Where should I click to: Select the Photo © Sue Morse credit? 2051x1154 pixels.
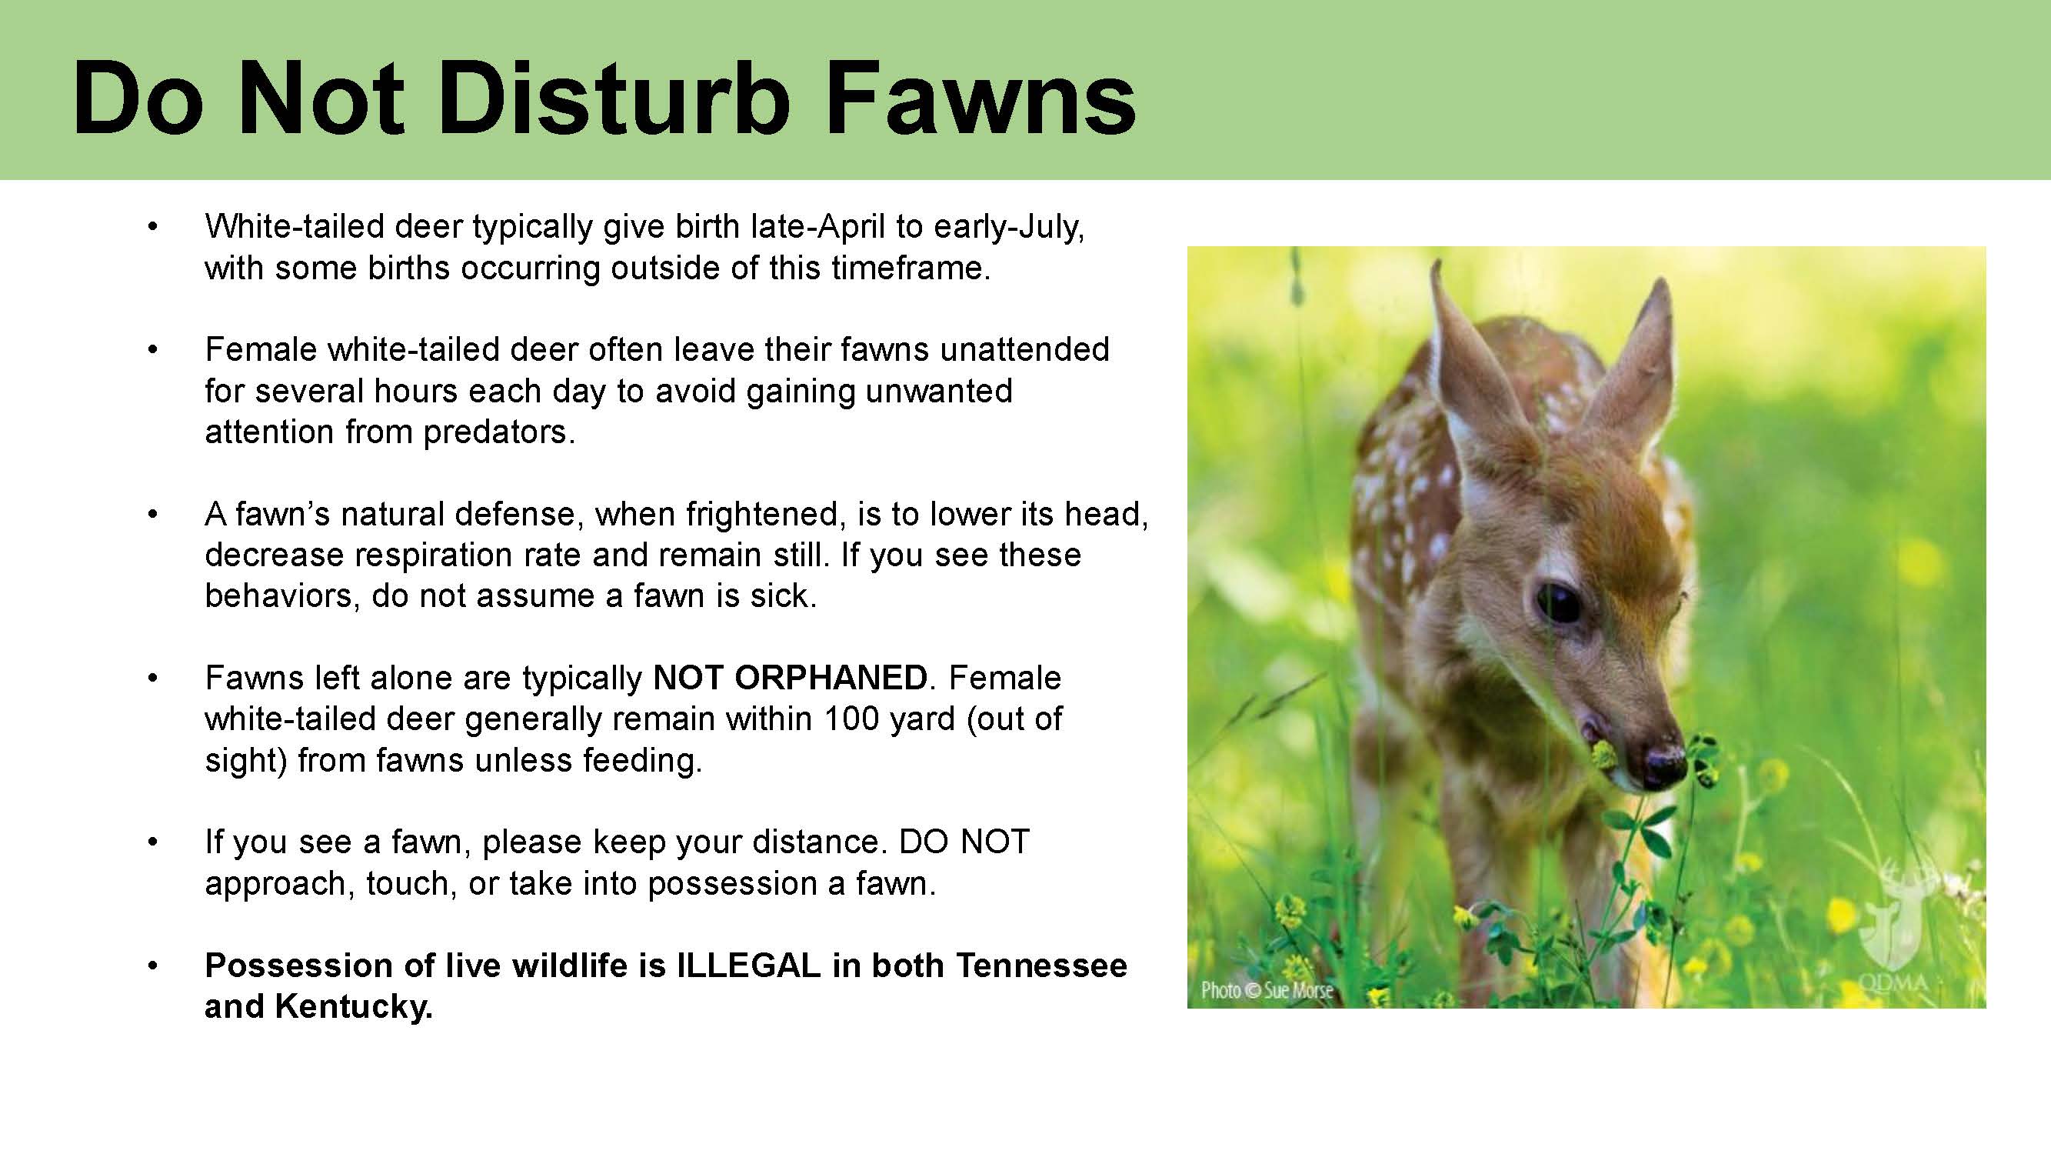click(x=1267, y=990)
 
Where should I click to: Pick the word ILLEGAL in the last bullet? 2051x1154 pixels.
click(x=748, y=966)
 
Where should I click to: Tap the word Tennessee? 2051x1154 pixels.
click(x=1041, y=966)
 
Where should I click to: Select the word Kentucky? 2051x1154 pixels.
click(x=354, y=1006)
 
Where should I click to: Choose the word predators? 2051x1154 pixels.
click(x=499, y=432)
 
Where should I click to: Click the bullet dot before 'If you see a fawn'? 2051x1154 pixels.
click(x=153, y=842)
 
